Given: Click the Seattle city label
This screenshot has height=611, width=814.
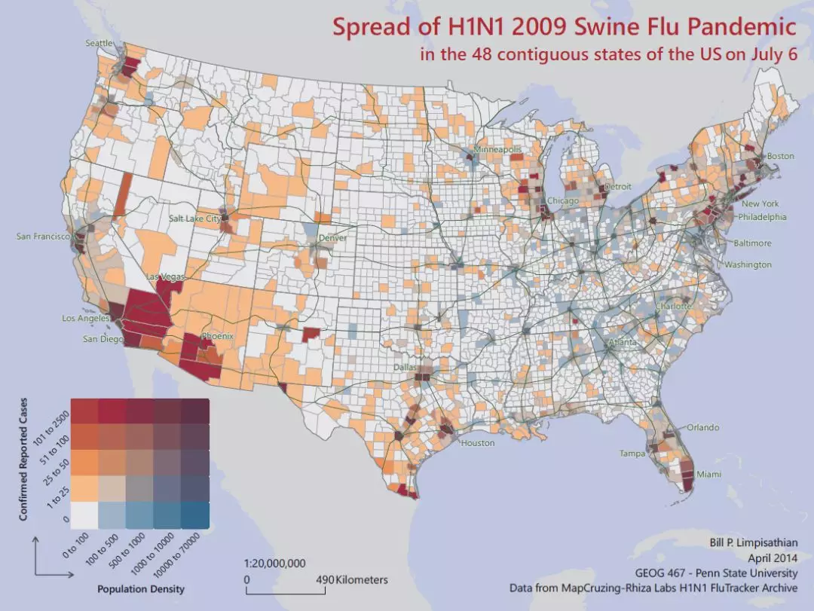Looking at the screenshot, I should pyautogui.click(x=99, y=44).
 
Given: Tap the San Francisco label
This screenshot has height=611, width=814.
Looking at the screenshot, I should pyautogui.click(x=43, y=237).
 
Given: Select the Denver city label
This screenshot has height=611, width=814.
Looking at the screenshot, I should pyautogui.click(x=332, y=238).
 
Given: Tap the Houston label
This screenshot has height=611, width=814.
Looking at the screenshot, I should pyautogui.click(x=477, y=443).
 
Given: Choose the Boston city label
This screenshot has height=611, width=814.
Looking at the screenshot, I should pyautogui.click(x=780, y=156).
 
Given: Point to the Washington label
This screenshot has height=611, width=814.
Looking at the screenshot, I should pyautogui.click(x=748, y=264).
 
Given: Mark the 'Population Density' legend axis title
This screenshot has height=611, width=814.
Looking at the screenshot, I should pyautogui.click(x=141, y=588).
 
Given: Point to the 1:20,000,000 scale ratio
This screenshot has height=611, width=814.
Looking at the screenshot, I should pyautogui.click(x=275, y=563).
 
